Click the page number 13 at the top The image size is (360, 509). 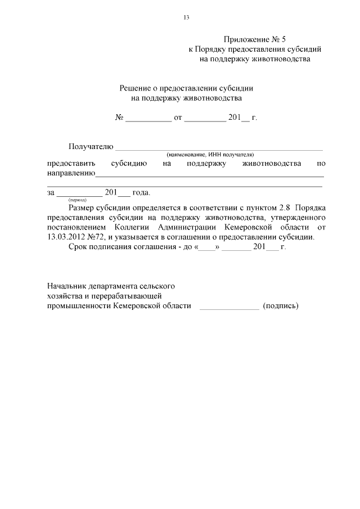coord(186,17)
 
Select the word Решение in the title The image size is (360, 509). coord(136,88)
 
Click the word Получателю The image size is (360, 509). coord(91,146)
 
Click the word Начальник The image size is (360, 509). coord(67,285)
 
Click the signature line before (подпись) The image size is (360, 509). coord(229,307)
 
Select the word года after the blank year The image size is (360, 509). coord(141,192)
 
